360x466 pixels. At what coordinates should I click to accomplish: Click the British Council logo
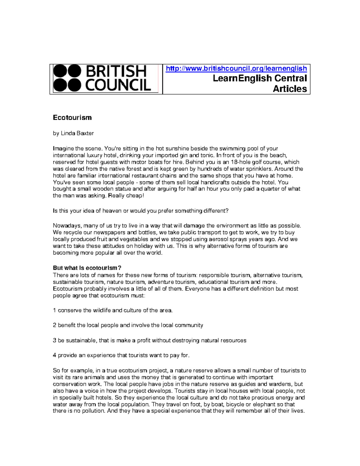[x=102, y=78]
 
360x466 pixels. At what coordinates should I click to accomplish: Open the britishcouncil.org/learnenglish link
[x=236, y=69]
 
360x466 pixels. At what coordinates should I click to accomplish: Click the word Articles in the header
[x=290, y=89]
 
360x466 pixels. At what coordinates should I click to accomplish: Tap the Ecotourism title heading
[x=72, y=118]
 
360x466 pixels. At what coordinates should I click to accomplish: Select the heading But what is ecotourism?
[x=87, y=268]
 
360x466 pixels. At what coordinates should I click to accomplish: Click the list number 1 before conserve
[x=54, y=310]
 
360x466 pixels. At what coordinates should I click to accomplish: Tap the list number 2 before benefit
[x=55, y=325]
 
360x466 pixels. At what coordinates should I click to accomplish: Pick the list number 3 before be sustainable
[x=55, y=340]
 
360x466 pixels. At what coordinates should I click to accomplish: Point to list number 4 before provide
[x=55, y=355]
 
